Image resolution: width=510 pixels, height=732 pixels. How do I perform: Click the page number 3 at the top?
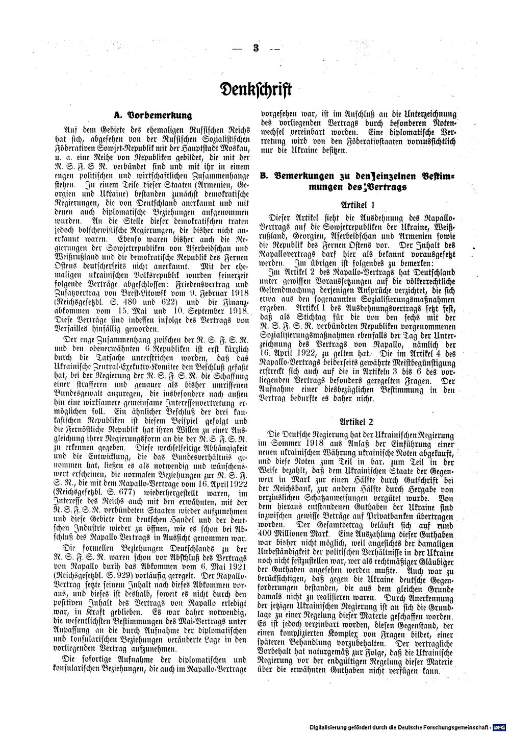[255, 50]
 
